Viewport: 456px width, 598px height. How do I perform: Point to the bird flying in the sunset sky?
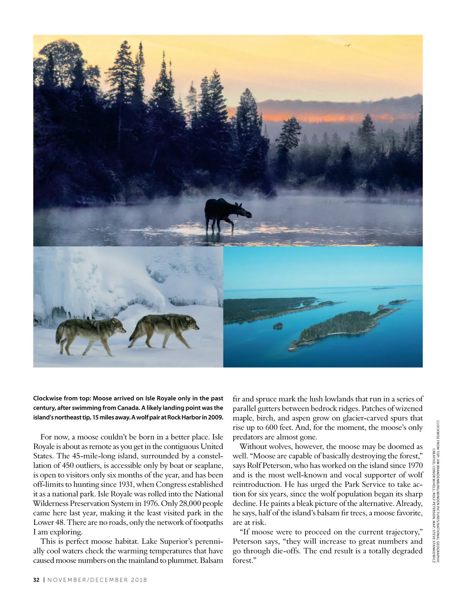347,45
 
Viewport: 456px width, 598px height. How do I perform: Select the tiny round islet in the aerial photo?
278,325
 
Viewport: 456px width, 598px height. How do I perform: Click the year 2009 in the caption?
215,418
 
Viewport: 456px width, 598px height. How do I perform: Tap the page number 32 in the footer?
36,580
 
